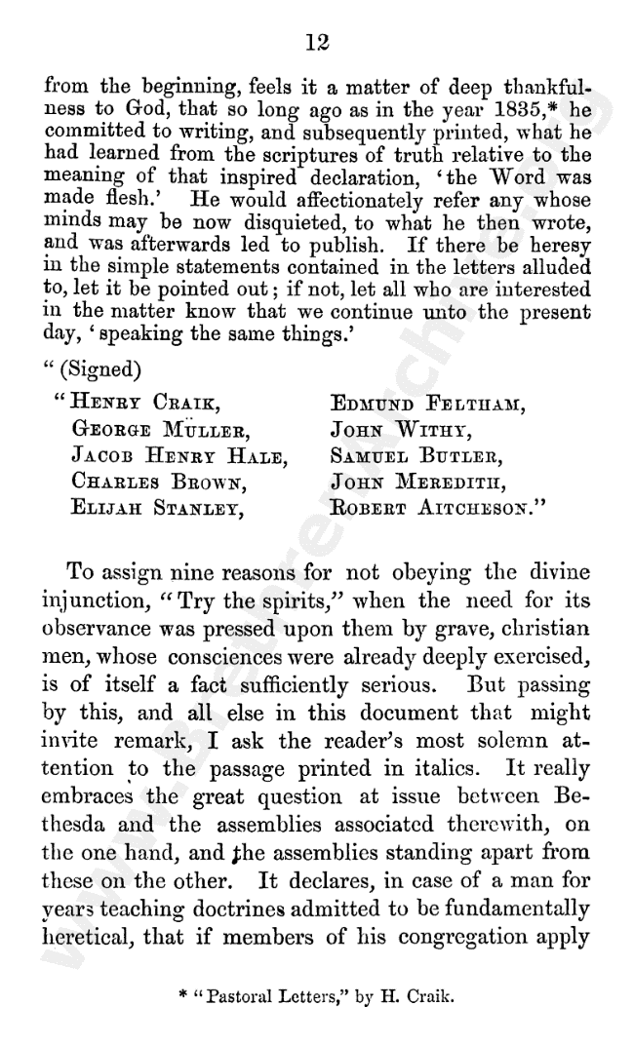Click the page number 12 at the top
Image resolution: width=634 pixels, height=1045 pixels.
point(318,42)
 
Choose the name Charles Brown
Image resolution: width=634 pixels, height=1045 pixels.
point(158,480)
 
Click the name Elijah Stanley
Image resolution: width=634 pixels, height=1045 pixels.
point(161,506)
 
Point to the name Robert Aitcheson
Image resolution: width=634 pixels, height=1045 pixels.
point(435,506)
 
